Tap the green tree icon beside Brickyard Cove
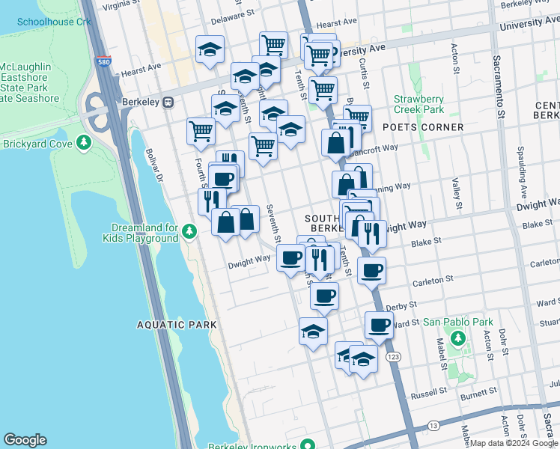pyautogui.click(x=85, y=142)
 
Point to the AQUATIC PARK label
pyautogui.click(x=177, y=325)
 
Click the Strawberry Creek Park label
pyautogui.click(x=419, y=104)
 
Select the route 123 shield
pyautogui.click(x=393, y=358)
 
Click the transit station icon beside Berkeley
pyautogui.click(x=169, y=102)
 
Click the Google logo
pyautogui.click(x=25, y=440)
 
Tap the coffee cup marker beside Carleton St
pyautogui.click(x=371, y=271)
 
